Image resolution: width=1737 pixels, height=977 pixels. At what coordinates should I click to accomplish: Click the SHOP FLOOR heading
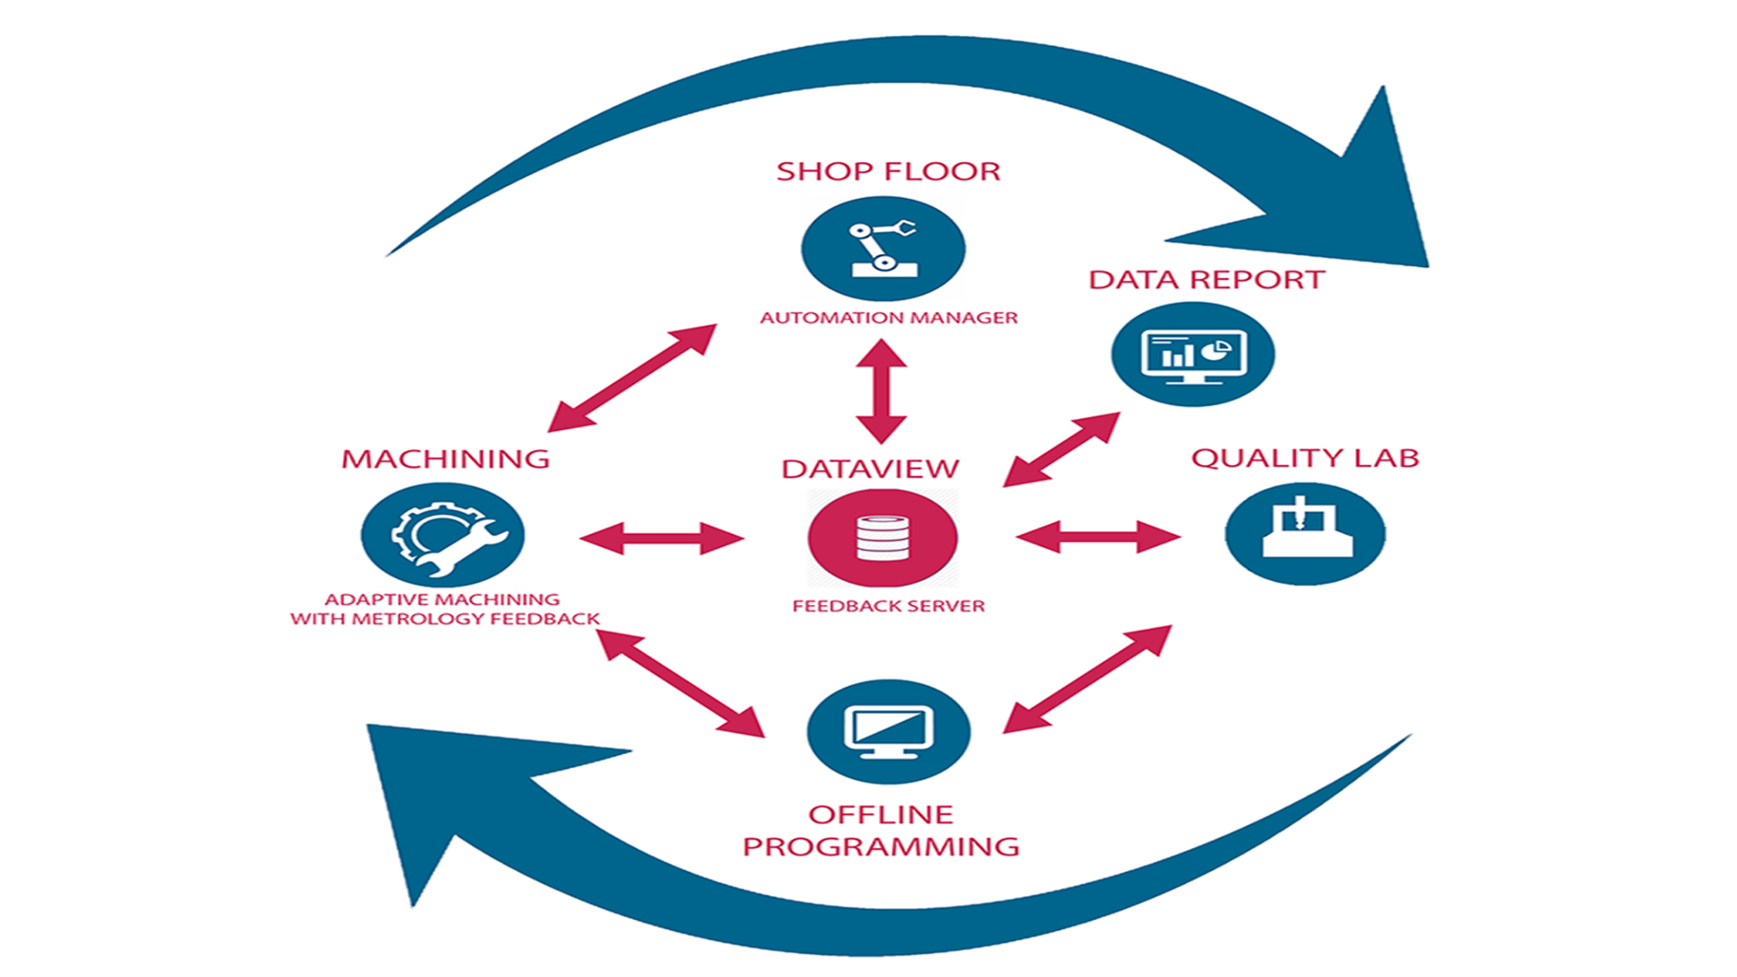point(887,171)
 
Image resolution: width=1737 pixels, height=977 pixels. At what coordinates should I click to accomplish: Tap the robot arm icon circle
point(883,249)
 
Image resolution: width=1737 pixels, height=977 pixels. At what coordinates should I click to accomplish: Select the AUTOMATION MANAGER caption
point(888,318)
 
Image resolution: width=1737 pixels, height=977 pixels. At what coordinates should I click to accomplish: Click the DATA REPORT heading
point(1206,280)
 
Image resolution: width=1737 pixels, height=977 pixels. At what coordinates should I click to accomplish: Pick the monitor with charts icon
point(1192,354)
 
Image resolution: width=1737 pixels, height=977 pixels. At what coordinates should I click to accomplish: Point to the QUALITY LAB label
point(1305,458)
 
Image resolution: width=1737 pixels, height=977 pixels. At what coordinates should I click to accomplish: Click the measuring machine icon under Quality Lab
point(1305,534)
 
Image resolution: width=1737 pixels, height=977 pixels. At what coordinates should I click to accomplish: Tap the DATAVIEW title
point(869,469)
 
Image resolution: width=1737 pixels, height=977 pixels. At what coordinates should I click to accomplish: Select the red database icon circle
point(882,538)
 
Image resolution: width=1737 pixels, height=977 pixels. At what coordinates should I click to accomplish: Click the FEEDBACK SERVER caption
point(888,606)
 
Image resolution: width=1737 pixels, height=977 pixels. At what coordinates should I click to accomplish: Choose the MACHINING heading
point(445,459)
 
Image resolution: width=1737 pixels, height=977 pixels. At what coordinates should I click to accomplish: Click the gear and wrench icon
point(442,536)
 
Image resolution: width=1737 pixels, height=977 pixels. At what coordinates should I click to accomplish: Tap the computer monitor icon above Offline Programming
point(887,731)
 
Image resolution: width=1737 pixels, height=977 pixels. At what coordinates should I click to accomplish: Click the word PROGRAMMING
point(880,847)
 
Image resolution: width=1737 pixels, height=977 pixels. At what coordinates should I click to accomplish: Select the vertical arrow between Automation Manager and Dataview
point(881,391)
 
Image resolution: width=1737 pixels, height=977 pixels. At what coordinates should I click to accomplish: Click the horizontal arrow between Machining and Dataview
point(661,537)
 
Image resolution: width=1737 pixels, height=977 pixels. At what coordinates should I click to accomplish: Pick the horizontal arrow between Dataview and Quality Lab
point(1097,536)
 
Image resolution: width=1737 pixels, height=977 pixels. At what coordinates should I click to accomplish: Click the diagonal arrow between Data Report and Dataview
point(1061,450)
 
